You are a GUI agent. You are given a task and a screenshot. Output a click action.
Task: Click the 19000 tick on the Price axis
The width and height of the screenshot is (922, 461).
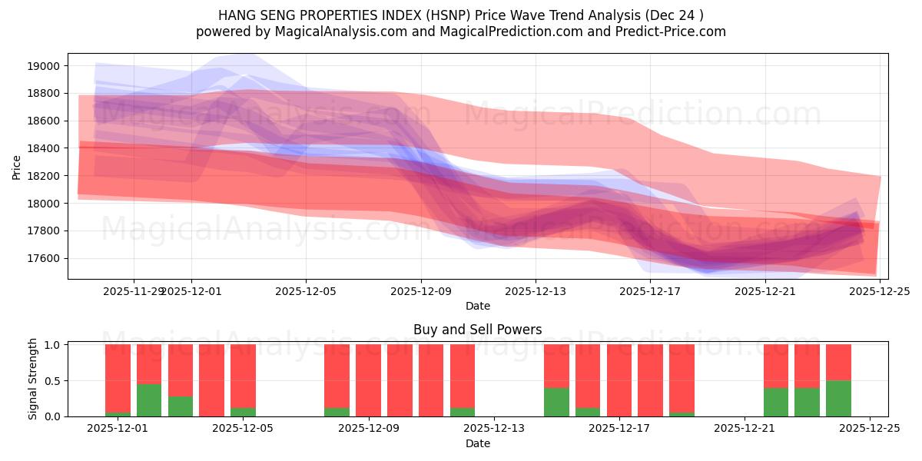(44, 66)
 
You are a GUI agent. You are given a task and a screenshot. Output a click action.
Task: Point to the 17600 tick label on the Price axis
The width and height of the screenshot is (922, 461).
(44, 258)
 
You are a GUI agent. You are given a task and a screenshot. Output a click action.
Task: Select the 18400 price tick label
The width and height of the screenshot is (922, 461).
(44, 148)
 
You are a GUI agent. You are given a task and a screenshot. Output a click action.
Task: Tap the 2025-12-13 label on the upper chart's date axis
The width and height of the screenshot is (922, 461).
(536, 291)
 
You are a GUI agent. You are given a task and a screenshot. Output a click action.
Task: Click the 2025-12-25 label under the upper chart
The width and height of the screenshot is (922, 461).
(880, 291)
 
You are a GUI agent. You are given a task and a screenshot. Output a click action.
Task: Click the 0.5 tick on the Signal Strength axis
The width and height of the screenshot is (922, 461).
(55, 381)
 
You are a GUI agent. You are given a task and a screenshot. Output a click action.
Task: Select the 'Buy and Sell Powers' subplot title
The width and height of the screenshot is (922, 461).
(477, 330)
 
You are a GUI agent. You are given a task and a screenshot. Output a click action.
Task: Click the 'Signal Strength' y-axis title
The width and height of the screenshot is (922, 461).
(32, 379)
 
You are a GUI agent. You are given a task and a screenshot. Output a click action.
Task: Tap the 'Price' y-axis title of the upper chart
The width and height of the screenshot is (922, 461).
(17, 167)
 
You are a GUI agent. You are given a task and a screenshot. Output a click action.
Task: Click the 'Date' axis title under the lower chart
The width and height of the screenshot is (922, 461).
(477, 443)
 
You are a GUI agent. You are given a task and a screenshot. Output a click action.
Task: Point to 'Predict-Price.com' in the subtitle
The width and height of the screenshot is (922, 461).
(668, 32)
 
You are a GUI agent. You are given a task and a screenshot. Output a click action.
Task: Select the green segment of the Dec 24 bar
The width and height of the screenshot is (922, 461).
(838, 399)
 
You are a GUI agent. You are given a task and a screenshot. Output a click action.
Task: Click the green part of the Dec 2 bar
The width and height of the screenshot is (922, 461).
(149, 400)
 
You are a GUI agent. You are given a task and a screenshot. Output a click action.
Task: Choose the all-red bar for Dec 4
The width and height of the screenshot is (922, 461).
(211, 380)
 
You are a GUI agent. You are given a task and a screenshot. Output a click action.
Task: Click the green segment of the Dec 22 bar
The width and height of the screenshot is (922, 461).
(775, 403)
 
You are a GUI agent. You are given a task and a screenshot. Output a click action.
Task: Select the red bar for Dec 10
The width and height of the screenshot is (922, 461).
(400, 380)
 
